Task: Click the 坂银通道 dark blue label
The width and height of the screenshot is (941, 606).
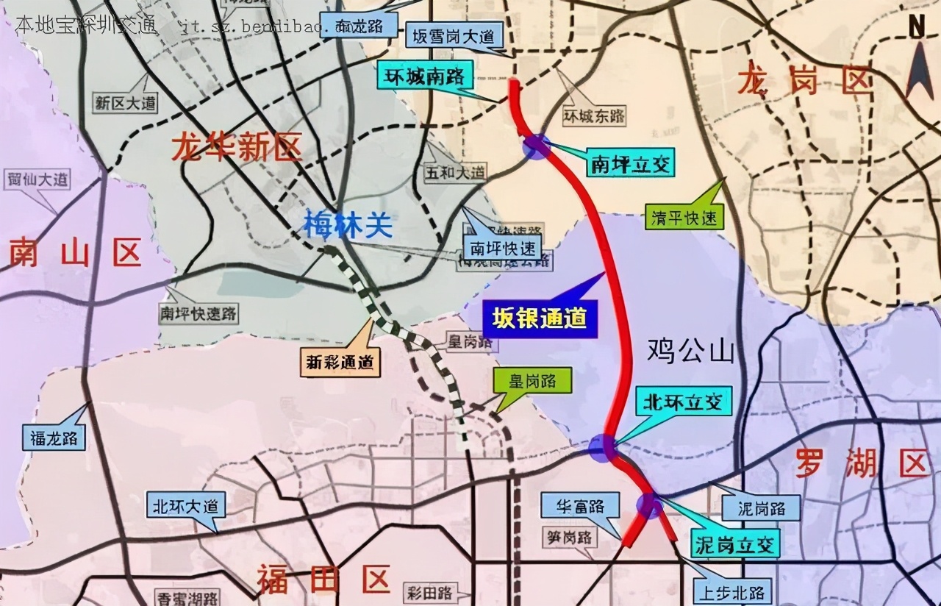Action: pyautogui.click(x=540, y=318)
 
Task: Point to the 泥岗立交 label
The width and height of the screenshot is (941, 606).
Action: pyautogui.click(x=734, y=544)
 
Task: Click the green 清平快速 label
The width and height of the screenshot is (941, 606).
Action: pyautogui.click(x=684, y=218)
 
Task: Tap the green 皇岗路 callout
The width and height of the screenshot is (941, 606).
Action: pyautogui.click(x=531, y=381)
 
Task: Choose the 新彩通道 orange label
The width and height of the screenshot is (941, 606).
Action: pyautogui.click(x=340, y=361)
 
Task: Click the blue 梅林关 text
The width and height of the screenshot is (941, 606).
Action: pyautogui.click(x=348, y=225)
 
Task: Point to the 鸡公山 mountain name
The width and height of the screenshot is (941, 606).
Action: pyautogui.click(x=690, y=352)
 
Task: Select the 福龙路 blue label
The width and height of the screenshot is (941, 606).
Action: pyautogui.click(x=54, y=438)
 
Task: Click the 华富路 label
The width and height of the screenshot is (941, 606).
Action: pyautogui.click(x=581, y=507)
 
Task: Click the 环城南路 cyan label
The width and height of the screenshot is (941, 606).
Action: pyautogui.click(x=425, y=76)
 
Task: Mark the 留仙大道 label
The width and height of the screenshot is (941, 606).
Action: pyautogui.click(x=37, y=178)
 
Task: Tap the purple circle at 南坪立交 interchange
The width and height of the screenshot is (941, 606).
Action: pyautogui.click(x=537, y=146)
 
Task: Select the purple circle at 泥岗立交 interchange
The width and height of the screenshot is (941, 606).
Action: pyautogui.click(x=648, y=505)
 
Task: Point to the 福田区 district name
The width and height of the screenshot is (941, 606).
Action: pyautogui.click(x=323, y=580)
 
